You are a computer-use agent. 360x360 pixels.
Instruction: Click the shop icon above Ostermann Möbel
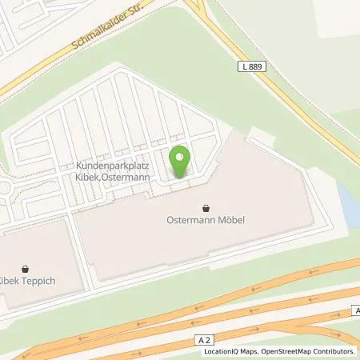point(206,205)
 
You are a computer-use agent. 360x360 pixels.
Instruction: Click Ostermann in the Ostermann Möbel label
point(191,218)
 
